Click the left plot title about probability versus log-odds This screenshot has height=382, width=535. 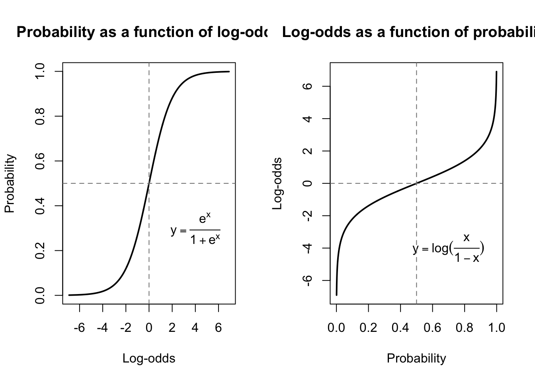(x=142, y=32)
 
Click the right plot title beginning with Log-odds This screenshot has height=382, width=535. (x=408, y=32)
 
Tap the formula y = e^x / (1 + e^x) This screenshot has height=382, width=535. (x=195, y=230)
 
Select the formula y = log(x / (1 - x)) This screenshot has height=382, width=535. (x=448, y=249)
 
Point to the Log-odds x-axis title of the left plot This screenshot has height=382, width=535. (x=148, y=359)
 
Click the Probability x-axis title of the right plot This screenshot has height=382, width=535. (x=416, y=359)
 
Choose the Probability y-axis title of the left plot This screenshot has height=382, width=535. (x=10, y=183)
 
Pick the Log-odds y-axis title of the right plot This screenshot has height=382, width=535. (x=277, y=183)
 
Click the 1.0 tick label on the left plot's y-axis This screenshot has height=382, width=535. (x=40, y=72)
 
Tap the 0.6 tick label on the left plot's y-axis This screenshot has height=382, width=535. (x=40, y=161)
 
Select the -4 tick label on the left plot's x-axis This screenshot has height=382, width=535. (x=102, y=328)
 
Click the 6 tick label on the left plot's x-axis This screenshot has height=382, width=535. (x=218, y=328)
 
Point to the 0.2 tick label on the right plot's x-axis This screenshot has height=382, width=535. (x=368, y=328)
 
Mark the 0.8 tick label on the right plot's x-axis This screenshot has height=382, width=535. (x=465, y=328)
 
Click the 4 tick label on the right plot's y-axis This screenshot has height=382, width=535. (x=307, y=119)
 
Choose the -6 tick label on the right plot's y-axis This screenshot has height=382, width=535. (x=307, y=280)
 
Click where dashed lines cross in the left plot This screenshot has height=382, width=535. (x=149, y=183)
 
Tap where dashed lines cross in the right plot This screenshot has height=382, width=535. (x=416, y=183)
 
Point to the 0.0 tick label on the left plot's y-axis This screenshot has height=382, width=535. (x=40, y=295)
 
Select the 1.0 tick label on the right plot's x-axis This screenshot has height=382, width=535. (x=496, y=328)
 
